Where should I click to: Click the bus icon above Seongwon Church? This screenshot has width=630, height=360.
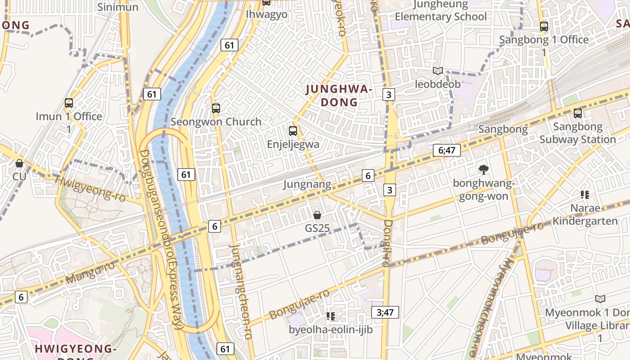(216, 108)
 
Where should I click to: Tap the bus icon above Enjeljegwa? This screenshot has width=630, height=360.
(293, 131)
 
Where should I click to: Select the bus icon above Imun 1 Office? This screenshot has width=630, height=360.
(69, 103)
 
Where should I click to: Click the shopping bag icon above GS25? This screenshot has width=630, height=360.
(317, 215)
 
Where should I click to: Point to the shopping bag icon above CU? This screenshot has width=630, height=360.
(19, 163)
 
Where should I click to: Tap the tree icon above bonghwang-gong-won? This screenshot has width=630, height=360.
(484, 170)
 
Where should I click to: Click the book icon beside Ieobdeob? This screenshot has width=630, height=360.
(438, 71)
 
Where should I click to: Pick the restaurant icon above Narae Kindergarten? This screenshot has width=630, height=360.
(585, 195)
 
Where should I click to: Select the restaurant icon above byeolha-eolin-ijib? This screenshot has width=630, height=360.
(331, 316)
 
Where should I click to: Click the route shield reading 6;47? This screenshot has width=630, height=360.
(446, 150)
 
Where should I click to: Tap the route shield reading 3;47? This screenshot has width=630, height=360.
(385, 312)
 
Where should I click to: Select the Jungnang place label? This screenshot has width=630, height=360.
(307, 184)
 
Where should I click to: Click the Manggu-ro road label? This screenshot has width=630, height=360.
(90, 273)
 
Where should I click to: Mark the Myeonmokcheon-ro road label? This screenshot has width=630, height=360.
(495, 306)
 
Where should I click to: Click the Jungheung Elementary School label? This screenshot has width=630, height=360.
(441, 11)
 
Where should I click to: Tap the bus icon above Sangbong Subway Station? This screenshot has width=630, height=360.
(578, 113)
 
